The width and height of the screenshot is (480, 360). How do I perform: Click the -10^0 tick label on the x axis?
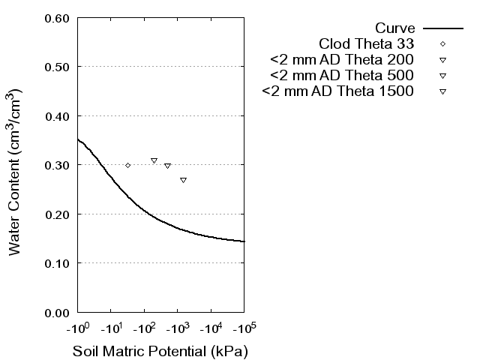click(78, 328)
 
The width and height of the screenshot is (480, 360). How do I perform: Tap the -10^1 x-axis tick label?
click(111, 328)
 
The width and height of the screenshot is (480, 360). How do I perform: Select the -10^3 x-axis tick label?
click(178, 328)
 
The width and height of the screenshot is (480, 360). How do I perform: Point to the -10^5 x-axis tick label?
click(244, 328)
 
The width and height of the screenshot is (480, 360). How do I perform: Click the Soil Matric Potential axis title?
click(160, 351)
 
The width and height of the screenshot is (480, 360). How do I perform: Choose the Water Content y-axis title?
click(16, 172)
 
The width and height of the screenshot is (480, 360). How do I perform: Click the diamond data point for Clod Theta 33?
click(128, 165)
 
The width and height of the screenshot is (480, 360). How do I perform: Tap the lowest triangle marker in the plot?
click(183, 180)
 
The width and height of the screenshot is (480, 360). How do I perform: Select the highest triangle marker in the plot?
click(154, 160)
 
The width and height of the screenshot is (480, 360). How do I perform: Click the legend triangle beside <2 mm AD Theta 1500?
click(442, 91)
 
